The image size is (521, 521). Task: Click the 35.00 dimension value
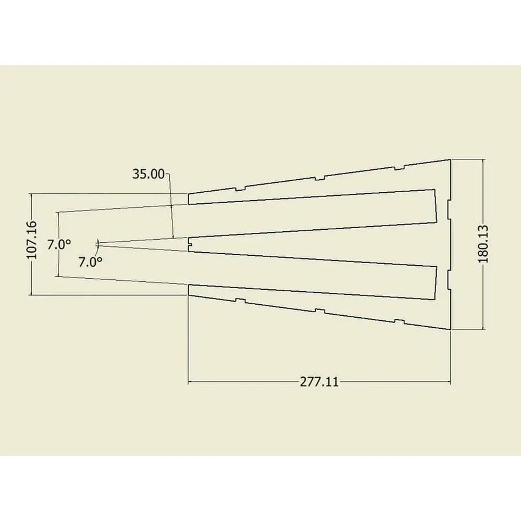pos(148,174)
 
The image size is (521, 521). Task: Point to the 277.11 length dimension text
pos(319,382)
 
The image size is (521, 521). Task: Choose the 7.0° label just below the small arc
pos(90,262)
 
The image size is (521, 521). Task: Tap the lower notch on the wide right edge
pos(449,278)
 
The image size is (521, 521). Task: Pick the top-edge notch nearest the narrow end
pos(240,188)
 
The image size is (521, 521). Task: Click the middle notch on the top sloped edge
pos(319,178)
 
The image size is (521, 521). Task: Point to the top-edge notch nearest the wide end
pos(399,168)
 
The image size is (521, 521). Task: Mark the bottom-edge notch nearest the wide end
pos(399,320)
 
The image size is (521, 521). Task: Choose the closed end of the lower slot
pos(435,283)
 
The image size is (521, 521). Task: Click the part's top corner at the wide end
pos(450,159)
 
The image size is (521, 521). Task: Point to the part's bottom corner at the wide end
pos(450,329)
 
